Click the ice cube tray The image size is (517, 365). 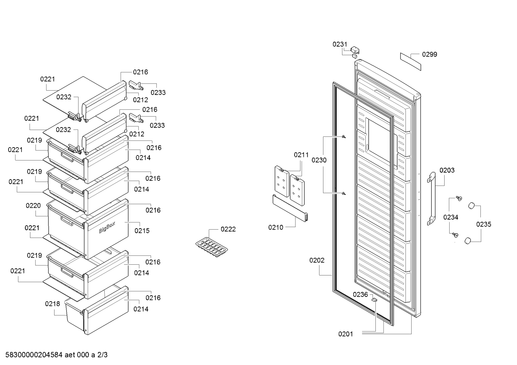tap(212, 247)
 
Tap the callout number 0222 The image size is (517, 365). tap(228, 229)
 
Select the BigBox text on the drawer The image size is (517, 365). tap(107, 227)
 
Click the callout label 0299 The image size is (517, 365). tap(430, 54)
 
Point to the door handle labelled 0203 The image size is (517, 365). tap(432, 198)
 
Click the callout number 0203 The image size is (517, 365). tap(447, 171)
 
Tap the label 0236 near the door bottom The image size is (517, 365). tap(360, 294)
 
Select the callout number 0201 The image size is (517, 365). tap(346, 334)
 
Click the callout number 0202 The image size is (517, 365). tap(317, 260)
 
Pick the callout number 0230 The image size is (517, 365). tap(319, 160)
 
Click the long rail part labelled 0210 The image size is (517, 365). tap(290, 208)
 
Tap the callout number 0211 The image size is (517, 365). tap(301, 155)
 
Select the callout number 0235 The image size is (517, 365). tap(484, 224)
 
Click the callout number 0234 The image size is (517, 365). tap(451, 217)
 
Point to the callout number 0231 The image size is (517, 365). tap(340, 44)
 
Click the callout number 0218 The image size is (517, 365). tap(52, 304)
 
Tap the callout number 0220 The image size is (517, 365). tap(33, 206)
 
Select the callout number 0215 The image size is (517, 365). tap(142, 231)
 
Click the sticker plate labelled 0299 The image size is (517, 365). tap(411, 62)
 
